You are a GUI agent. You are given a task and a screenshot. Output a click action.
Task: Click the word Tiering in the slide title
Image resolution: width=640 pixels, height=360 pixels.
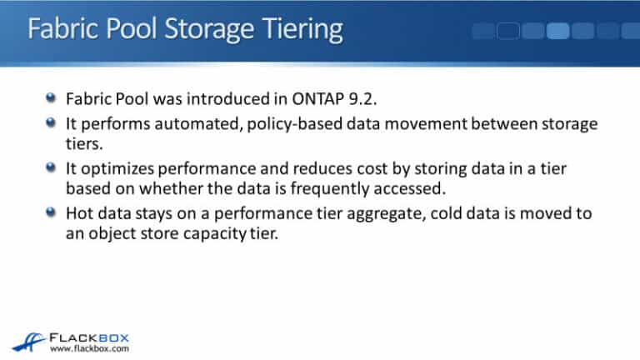click(297, 29)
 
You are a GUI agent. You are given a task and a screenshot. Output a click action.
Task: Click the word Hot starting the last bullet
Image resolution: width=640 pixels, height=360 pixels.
click(80, 213)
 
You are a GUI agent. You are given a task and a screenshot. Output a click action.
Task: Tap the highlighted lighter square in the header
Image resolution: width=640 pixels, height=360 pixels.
click(557, 31)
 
